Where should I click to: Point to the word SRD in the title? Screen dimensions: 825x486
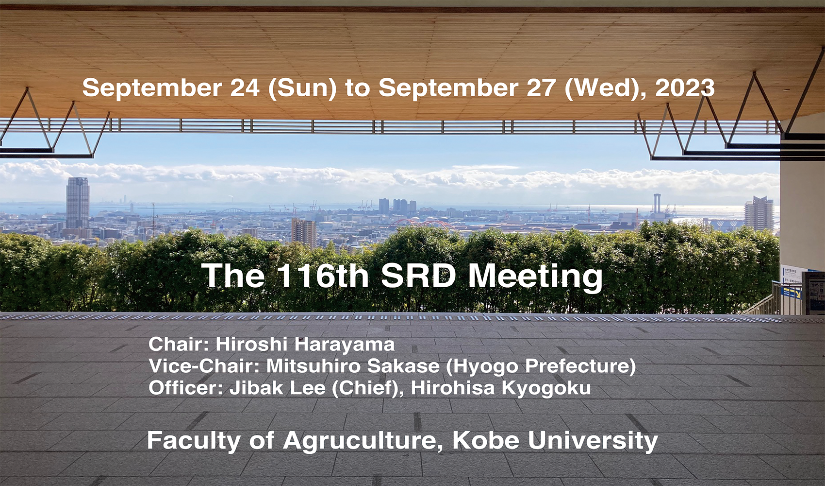[x=418, y=276]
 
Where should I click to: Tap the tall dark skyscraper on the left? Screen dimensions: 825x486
[x=78, y=203]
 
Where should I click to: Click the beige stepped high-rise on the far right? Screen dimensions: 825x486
[x=759, y=213]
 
